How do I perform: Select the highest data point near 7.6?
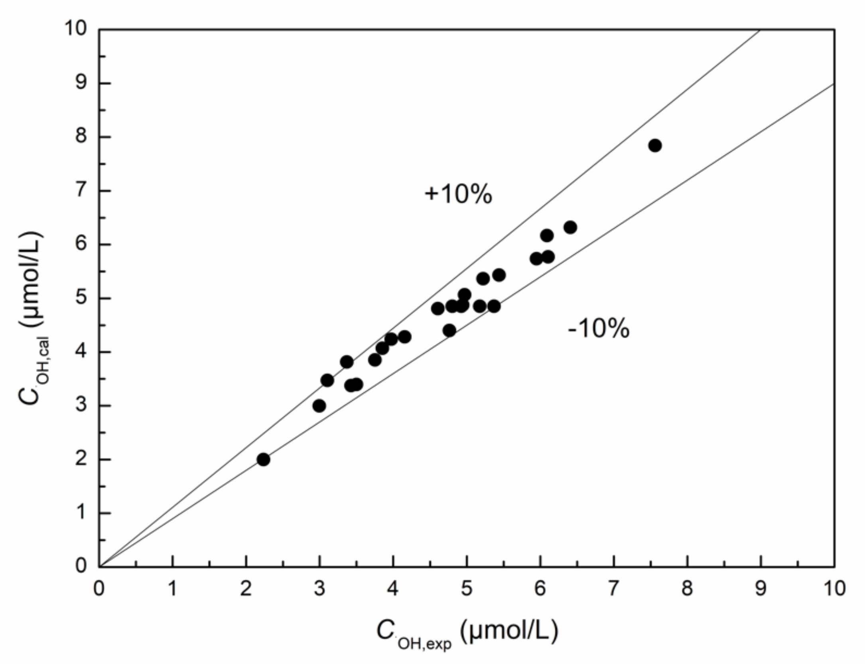point(655,146)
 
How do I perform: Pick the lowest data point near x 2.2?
point(263,459)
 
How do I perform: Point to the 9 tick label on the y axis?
point(81,83)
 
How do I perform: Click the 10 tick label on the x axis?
point(833,589)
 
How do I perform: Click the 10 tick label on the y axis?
point(76,29)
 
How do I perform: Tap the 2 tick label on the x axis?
point(246,589)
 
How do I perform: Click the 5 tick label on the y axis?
point(81,298)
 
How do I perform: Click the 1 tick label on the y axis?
point(81,513)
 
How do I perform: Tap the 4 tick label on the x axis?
point(393,589)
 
